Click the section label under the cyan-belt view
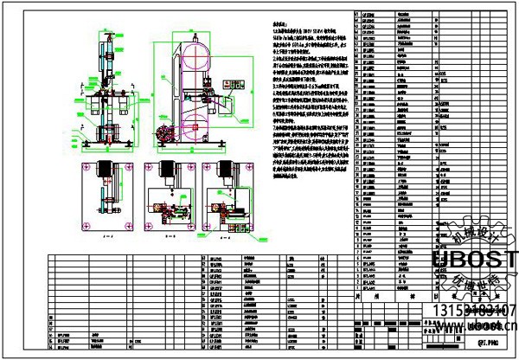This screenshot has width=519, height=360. pyautogui.click(x=106, y=235)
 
